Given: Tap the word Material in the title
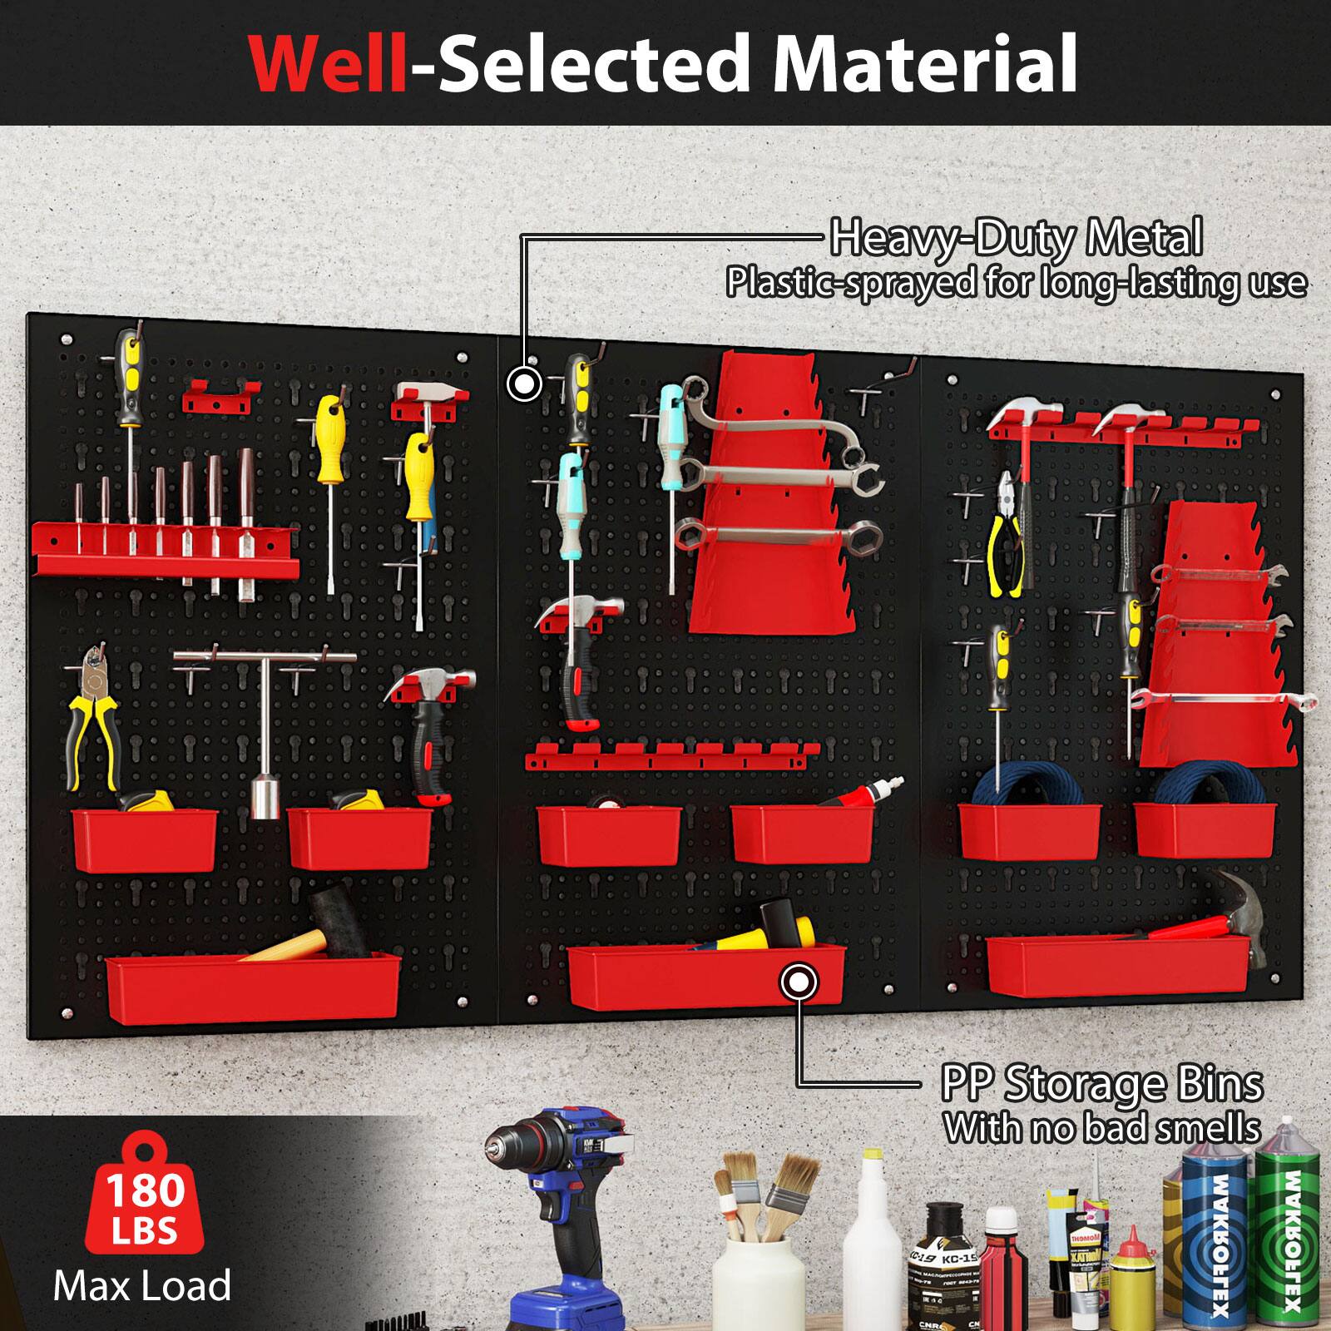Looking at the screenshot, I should pos(925,64).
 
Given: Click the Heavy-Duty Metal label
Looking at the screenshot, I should pos(1016,238).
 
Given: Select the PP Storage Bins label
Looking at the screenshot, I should pos(1102,1084).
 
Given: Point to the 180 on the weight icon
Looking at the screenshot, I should pos(145,1190).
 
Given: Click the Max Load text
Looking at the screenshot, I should pos(142,1286).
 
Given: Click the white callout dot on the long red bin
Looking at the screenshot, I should pos(799,982).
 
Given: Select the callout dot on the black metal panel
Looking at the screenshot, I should pos(524,384).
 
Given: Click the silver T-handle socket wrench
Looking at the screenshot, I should pos(265,724).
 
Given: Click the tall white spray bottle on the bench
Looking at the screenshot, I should pos(873,1248).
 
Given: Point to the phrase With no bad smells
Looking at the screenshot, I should pos(1102,1129).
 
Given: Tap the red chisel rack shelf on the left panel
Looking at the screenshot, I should pos(166,549).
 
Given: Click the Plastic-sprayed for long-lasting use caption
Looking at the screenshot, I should pos(1016,283).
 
